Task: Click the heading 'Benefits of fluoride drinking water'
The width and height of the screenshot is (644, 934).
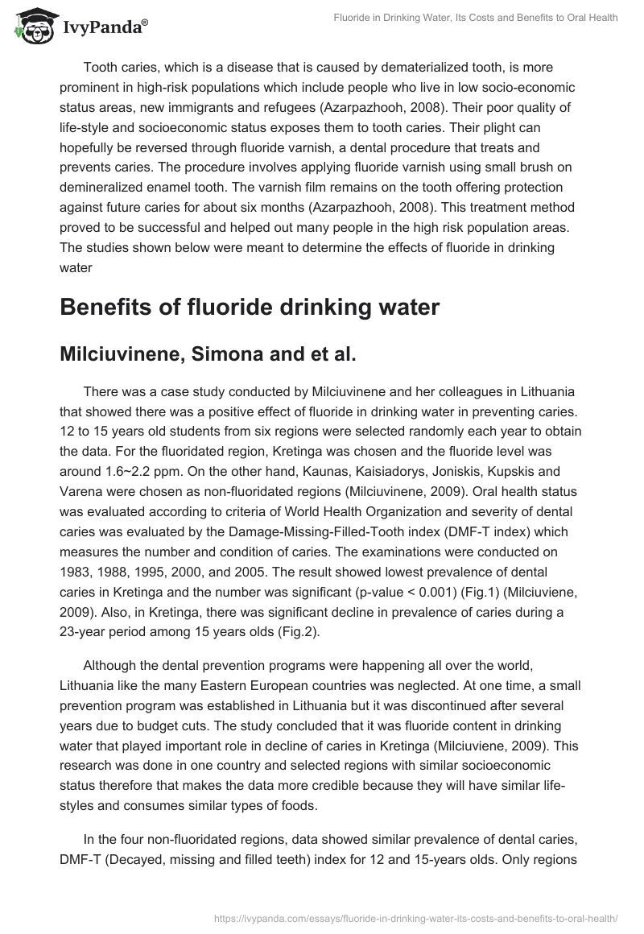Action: point(250,308)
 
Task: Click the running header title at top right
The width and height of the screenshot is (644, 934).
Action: point(476,18)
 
